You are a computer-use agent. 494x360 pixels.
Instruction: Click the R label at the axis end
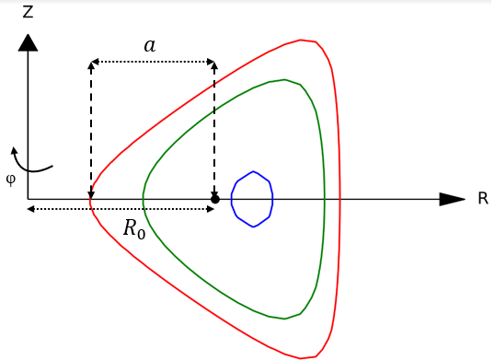482,199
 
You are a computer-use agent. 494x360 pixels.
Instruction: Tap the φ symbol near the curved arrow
10,180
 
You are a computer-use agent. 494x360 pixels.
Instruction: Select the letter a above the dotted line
149,45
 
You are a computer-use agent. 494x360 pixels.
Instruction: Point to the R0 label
134,228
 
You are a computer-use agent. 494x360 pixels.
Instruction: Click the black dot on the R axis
215,199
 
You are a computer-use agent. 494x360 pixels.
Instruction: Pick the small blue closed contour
252,198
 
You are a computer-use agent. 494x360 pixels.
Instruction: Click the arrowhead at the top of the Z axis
29,41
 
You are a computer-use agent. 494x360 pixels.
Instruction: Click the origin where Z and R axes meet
29,199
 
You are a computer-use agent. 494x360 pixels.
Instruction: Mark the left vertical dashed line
90,129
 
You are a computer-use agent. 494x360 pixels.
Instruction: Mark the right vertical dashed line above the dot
215,129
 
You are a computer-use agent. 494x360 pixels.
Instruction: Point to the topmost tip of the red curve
302,41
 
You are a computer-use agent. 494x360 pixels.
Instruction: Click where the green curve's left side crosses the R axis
143,199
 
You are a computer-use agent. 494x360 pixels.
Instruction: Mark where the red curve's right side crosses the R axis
340,199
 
